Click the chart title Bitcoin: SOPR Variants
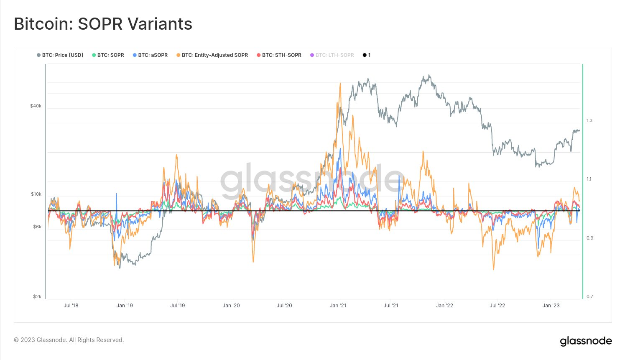coord(103,24)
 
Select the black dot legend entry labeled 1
coord(367,55)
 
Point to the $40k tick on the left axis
coord(36,106)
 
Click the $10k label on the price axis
coord(36,194)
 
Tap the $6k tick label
coord(37,227)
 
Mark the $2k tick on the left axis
coord(37,297)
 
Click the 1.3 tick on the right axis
coord(589,121)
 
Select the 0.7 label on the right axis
coord(589,297)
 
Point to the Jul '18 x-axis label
coord(71,306)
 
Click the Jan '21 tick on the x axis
coord(338,306)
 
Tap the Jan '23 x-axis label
coord(551,306)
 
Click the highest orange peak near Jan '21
coord(341,84)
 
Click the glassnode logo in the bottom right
coord(586,341)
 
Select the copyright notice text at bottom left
coord(69,340)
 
